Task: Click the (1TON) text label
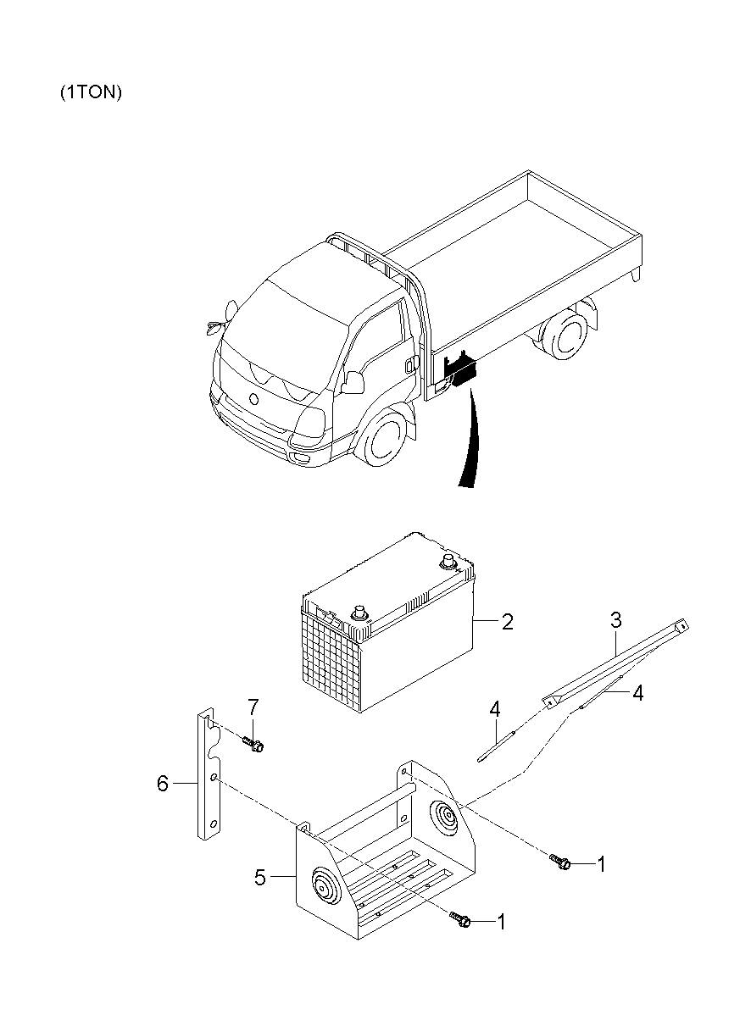pos(92,92)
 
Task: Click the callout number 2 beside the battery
pos(507,622)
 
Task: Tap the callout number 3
pos(616,619)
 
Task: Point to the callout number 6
pos(163,783)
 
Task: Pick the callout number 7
pos(253,707)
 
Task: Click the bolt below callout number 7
pos(253,743)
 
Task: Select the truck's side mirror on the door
pos(353,381)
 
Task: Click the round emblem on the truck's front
pos(253,398)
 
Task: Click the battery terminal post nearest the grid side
pos(359,612)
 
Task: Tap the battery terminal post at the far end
pos(448,561)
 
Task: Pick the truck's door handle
pos(409,365)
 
